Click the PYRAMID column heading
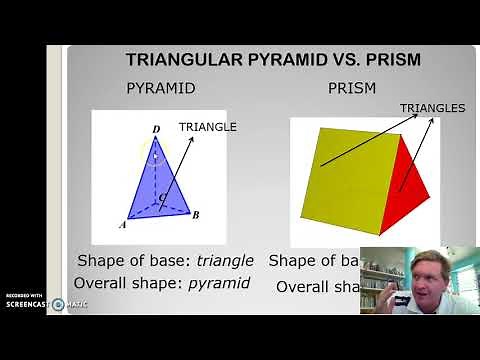point(160,88)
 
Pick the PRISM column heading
point(352,88)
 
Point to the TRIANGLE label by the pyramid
point(207,126)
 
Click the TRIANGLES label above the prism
point(432,108)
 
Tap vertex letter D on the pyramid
point(156,128)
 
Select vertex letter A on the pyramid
point(122,225)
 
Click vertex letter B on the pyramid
point(196,215)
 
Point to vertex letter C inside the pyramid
point(164,199)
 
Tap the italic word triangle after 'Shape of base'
point(225,260)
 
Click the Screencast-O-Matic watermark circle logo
point(58,304)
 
